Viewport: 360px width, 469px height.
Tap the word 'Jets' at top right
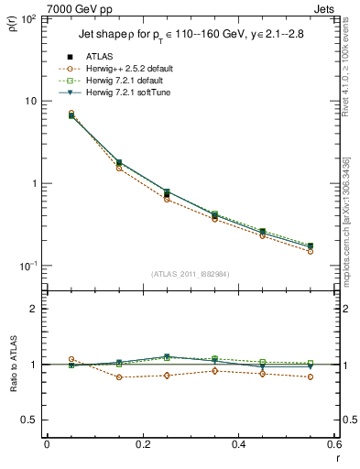[322, 7]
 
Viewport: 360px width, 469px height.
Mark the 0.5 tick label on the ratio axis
[31, 420]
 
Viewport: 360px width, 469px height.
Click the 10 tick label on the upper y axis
[30, 101]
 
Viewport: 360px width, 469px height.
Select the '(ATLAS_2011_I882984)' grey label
[191, 274]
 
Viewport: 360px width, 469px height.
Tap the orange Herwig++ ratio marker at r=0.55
[311, 376]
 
